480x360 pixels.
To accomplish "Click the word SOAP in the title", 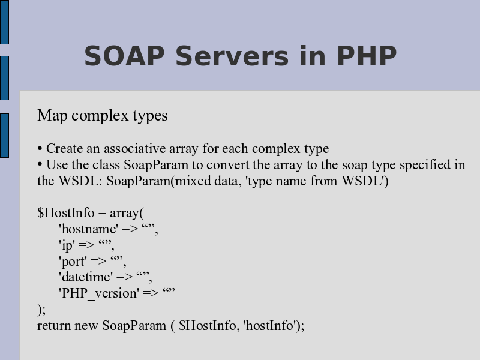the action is point(124,56).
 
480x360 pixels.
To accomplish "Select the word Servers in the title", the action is point(232,56).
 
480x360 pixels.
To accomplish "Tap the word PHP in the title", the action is point(367,56).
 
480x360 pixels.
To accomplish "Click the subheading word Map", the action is point(52,116).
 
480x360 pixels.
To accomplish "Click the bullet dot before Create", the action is point(40,149).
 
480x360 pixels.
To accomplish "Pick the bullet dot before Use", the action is point(40,164).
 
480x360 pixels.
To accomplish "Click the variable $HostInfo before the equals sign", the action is point(66,212).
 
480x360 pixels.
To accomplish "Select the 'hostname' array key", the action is point(88,229).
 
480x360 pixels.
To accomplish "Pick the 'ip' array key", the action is point(67,245).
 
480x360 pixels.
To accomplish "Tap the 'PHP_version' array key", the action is point(99,293).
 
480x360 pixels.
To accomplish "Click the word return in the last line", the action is point(54,325).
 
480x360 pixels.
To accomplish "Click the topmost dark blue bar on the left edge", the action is point(4,22).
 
